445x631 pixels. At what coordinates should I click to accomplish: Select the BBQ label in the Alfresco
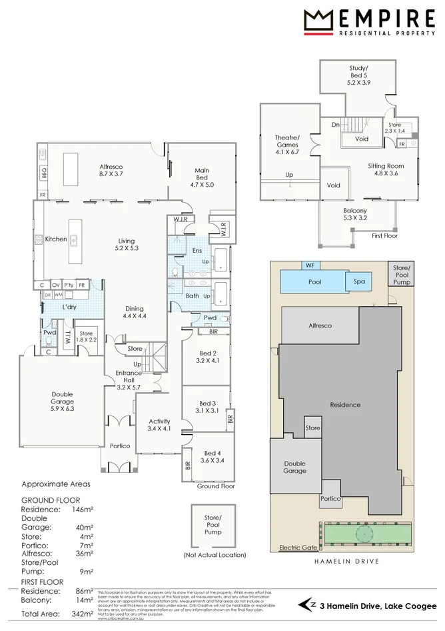[x=44, y=171]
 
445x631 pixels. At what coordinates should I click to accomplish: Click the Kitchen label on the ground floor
[x=56, y=239]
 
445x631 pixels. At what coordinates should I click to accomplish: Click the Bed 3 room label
[x=208, y=407]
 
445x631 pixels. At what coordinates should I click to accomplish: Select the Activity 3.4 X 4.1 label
[x=159, y=425]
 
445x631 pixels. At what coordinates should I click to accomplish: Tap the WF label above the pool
[x=309, y=265]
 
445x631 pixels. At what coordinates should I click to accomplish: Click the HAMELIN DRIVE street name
[x=346, y=562]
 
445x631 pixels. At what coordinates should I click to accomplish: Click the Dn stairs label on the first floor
[x=336, y=124]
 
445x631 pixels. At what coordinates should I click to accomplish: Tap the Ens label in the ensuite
[x=197, y=250]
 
